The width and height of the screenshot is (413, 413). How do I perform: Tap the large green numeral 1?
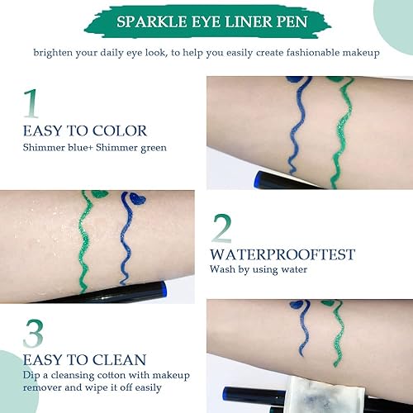[x=31, y=105]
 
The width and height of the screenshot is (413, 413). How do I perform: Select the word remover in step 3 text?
[x=45, y=387]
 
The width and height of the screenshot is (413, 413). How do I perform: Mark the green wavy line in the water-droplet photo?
[x=85, y=240]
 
